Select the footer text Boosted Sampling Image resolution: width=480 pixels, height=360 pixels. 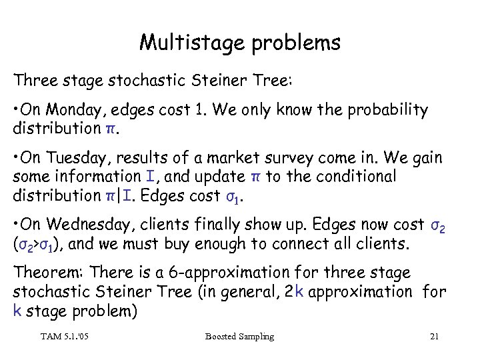click(x=240, y=337)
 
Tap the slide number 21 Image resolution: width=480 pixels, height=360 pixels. click(x=434, y=337)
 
